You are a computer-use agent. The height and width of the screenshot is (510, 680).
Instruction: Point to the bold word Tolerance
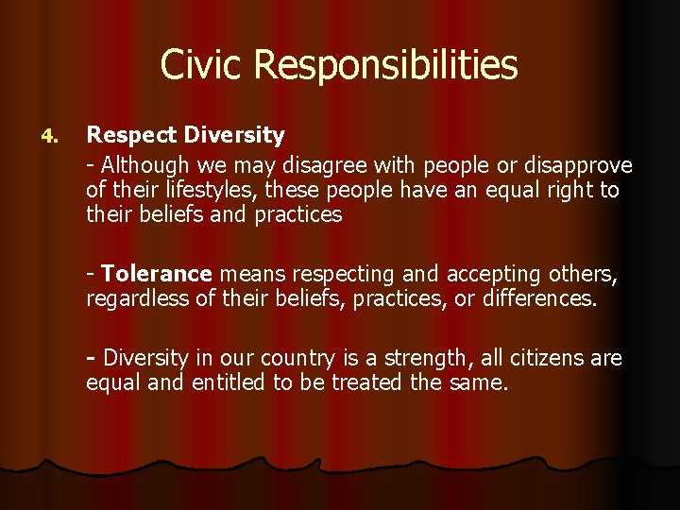157,274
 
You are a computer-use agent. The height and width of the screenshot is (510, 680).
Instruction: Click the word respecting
344,275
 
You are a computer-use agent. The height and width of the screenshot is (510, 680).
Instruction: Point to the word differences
543,299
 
